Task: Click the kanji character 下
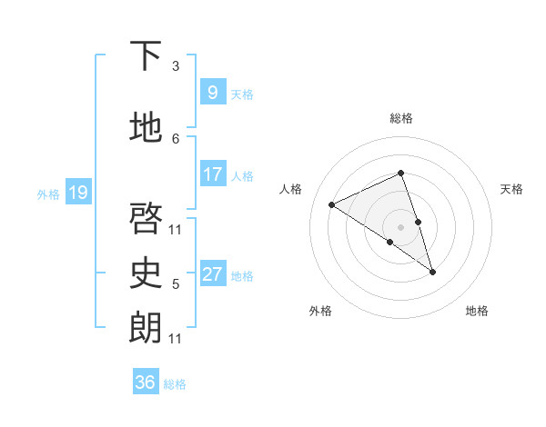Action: (146, 56)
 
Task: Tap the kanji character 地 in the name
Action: (146, 129)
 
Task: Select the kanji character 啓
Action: (146, 218)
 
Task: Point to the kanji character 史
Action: (146, 272)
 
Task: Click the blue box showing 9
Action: (212, 93)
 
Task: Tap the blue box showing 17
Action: (212, 174)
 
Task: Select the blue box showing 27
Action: (212, 274)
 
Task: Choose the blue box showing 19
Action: (77, 193)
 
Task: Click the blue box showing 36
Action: (145, 382)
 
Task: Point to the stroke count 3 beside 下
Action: (176, 66)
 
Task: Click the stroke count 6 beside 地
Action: (176, 138)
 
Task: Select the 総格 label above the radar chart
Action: (401, 118)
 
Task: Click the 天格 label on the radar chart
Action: (511, 189)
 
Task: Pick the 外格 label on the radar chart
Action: (320, 312)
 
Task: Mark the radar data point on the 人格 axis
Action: (332, 204)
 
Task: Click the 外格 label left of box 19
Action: (48, 194)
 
